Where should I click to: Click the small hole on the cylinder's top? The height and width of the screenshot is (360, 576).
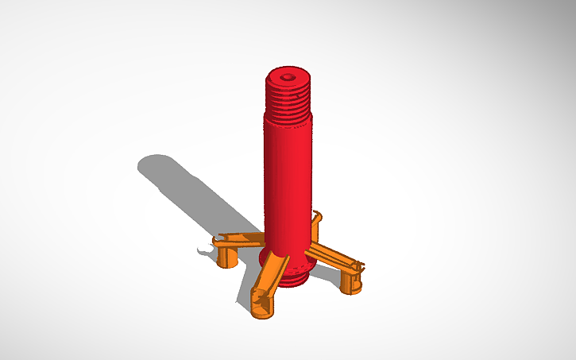288,77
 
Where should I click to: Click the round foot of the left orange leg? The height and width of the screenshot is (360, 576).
228,258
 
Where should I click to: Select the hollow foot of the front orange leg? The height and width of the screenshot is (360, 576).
262,306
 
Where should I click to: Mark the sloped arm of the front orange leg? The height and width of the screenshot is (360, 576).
272,274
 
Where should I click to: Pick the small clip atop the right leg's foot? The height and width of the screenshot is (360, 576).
359,266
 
